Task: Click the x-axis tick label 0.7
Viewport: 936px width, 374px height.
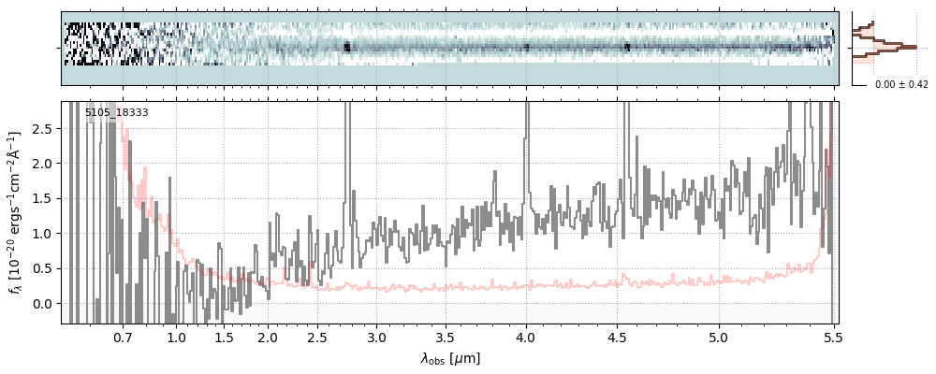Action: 123,335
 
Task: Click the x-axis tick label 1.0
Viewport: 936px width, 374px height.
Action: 176,335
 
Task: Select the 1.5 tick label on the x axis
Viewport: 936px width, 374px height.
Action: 224,335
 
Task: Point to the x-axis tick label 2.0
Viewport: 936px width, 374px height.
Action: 269,335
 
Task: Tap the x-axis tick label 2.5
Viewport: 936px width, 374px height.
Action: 317,335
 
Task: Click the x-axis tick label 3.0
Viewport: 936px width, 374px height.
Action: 376,335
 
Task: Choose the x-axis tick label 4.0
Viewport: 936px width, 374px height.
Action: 526,335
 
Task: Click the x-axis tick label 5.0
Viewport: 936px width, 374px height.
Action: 719,335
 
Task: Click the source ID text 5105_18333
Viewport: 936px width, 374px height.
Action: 117,113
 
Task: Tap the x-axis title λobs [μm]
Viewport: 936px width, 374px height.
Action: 450,357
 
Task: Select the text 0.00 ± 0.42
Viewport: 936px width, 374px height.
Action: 901,85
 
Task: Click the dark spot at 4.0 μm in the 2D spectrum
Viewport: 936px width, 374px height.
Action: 526,46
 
